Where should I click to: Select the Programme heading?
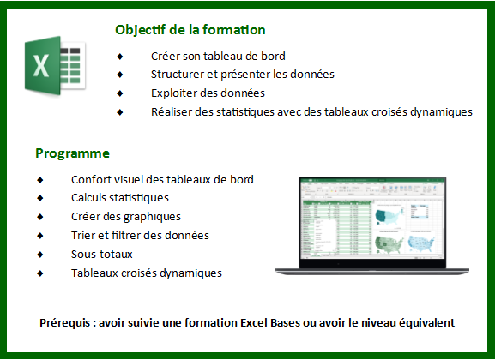click(x=72, y=153)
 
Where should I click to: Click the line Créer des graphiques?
click(x=126, y=217)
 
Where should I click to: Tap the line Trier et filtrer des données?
click(x=140, y=235)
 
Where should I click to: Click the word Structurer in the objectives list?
click(x=178, y=75)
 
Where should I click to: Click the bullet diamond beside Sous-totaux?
click(x=40, y=254)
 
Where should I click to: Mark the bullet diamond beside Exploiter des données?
click(x=120, y=93)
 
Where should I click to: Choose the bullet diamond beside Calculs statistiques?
click(x=40, y=198)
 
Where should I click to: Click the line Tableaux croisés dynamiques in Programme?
click(x=147, y=273)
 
